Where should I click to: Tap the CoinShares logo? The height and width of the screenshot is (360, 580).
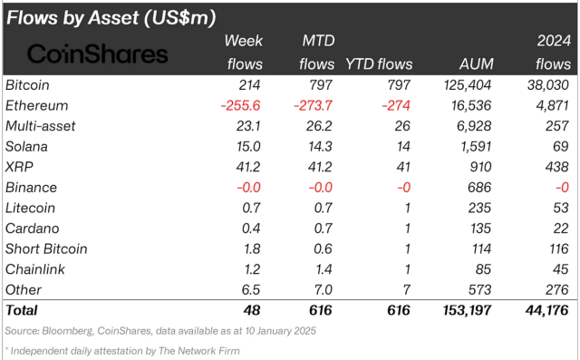click(x=98, y=54)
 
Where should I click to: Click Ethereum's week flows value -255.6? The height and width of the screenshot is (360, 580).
click(x=242, y=105)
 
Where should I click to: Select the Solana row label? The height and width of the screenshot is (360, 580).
click(x=27, y=146)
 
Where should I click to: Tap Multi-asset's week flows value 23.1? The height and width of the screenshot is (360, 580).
click(x=247, y=126)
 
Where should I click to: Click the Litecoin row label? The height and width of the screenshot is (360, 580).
click(x=30, y=208)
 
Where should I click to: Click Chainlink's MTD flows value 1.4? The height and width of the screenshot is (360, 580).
click(x=324, y=269)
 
